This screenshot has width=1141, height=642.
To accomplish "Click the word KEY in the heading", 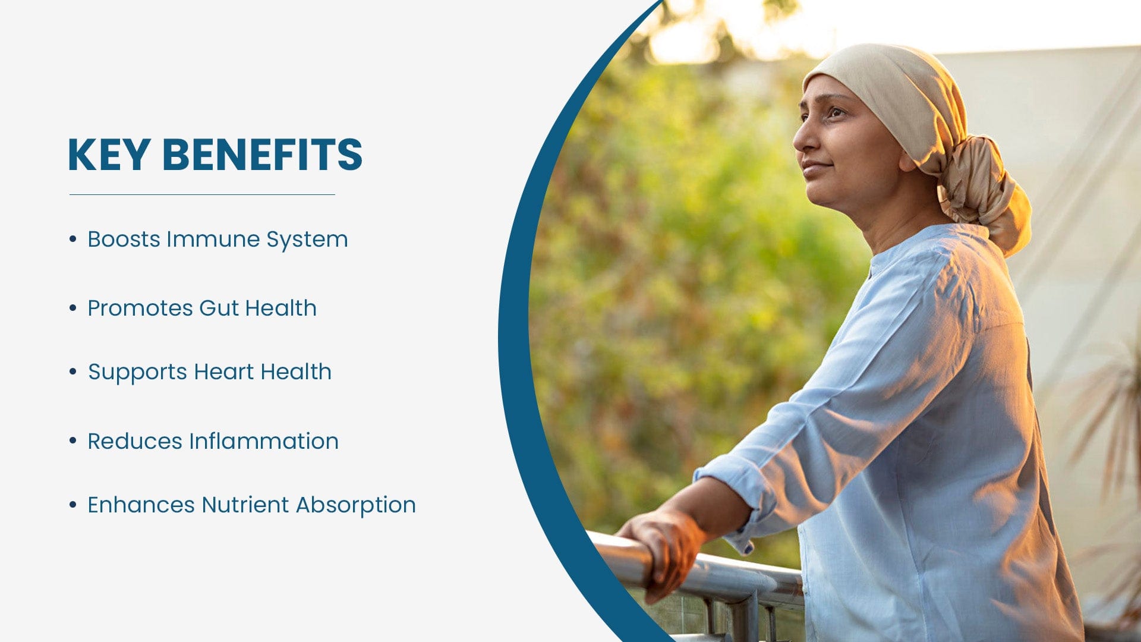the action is click(109, 155).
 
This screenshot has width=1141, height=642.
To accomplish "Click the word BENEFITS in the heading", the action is click(262, 155).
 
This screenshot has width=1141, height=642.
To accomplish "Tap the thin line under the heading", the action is click(202, 194).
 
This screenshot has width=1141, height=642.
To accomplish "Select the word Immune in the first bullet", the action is click(213, 239).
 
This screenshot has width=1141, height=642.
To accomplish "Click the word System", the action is click(307, 240).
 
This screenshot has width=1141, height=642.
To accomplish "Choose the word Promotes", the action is click(140, 308).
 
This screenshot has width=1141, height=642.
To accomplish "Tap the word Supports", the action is click(138, 373).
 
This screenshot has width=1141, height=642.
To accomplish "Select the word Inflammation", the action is click(264, 441).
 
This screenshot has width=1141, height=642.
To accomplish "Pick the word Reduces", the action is click(135, 441).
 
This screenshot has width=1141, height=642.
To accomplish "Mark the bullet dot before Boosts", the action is click(73, 239).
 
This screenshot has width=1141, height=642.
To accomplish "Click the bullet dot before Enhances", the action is click(73, 505).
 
